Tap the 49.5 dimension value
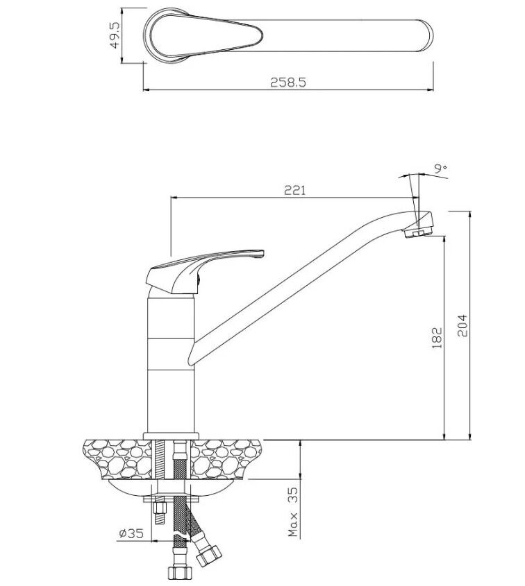[x=114, y=35]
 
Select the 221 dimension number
[x=295, y=190]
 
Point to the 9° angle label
[x=441, y=169]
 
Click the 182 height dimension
[x=437, y=338]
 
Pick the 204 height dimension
[x=462, y=325]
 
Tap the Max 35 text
[x=293, y=511]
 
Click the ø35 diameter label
[x=132, y=533]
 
